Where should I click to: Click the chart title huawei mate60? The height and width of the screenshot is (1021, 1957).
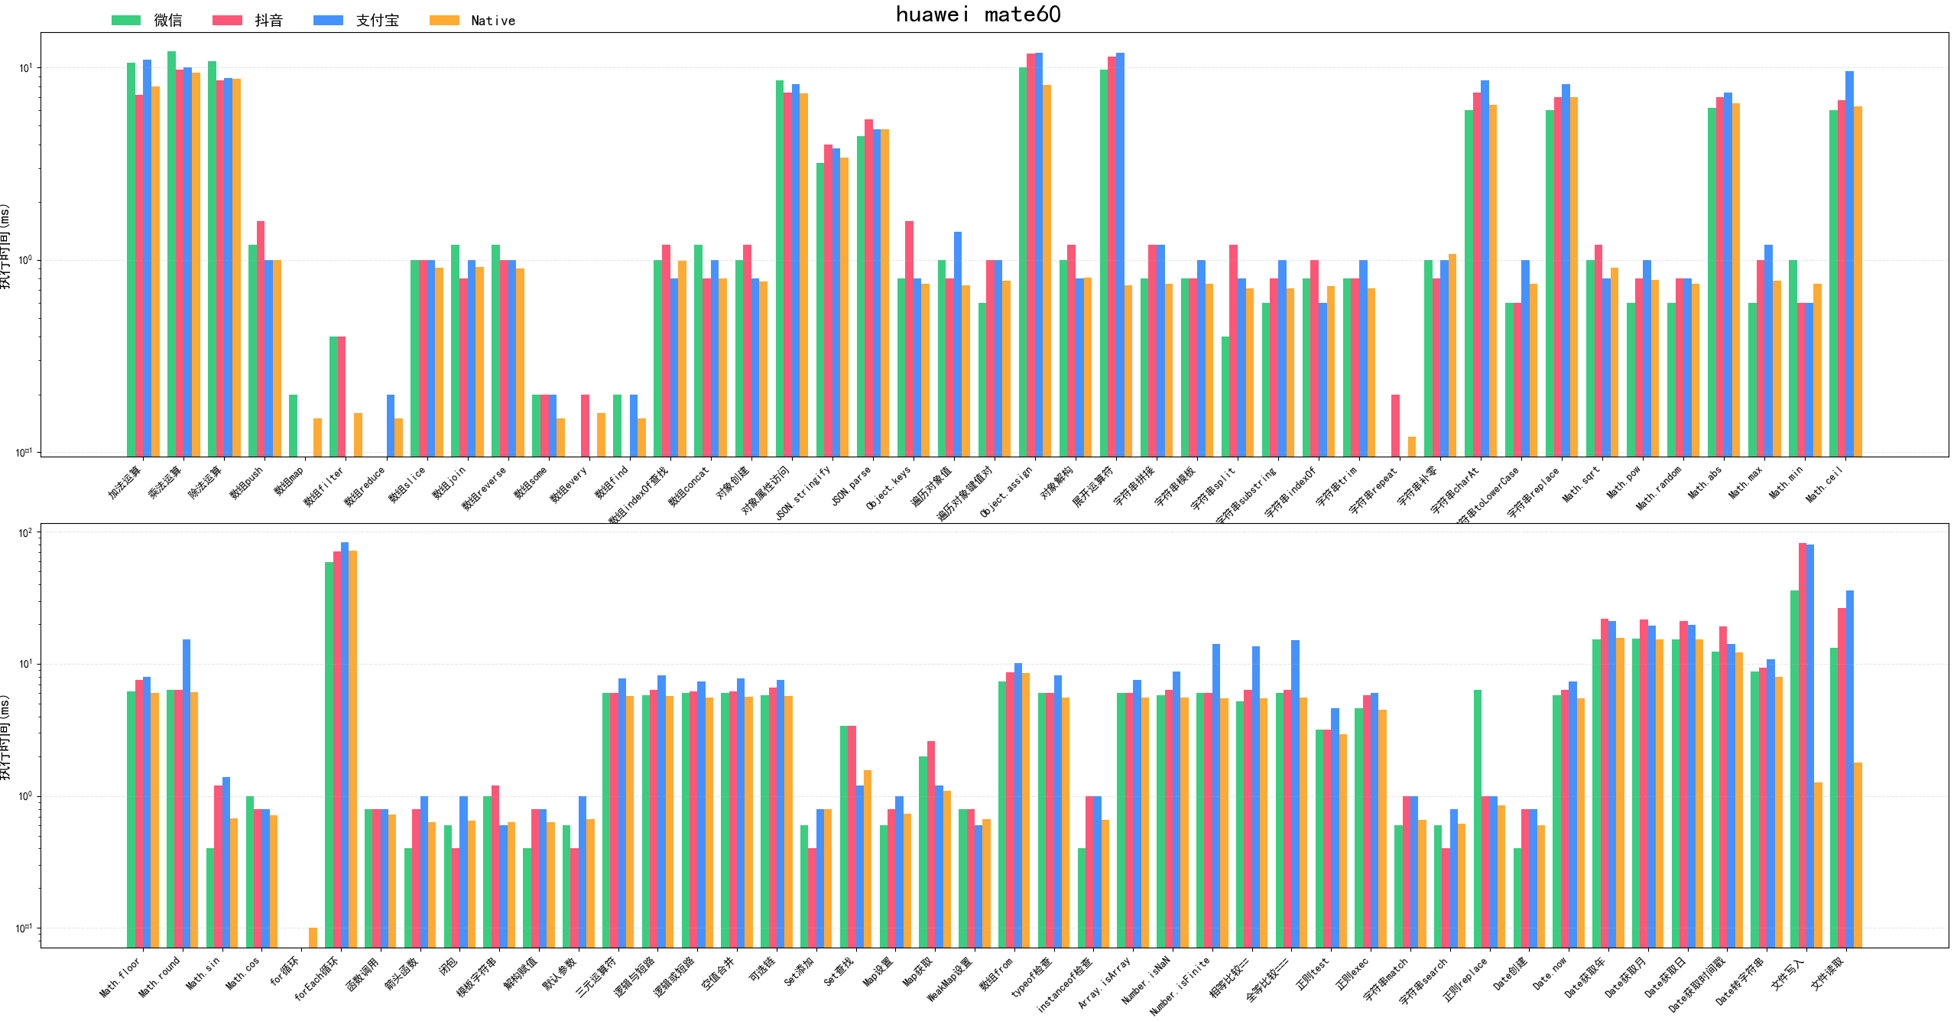click(x=978, y=15)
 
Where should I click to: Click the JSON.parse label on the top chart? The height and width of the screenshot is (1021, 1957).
click(x=852, y=487)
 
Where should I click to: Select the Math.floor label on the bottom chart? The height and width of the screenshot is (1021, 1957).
click(x=121, y=978)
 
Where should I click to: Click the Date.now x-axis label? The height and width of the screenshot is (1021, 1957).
click(x=1550, y=974)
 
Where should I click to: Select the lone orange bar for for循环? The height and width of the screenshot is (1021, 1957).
click(x=313, y=938)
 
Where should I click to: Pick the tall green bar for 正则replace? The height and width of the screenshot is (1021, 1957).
click(x=1478, y=818)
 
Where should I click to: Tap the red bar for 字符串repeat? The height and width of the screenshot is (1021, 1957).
click(x=1395, y=425)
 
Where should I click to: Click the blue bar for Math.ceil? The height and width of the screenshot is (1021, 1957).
click(x=1849, y=264)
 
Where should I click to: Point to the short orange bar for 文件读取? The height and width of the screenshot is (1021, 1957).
click(x=1858, y=854)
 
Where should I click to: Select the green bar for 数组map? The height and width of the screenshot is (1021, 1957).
click(x=293, y=425)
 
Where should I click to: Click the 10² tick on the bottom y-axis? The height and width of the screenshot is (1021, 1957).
click(x=25, y=533)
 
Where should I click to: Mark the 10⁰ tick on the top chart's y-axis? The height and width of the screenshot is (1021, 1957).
click(x=25, y=260)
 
